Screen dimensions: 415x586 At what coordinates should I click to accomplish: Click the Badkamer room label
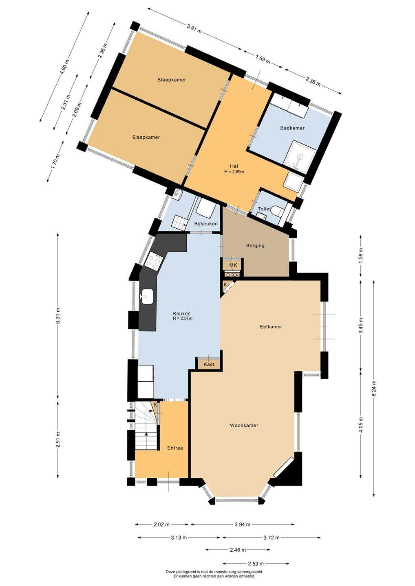coord(292,128)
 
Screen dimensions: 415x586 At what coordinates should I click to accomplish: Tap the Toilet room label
coord(264,209)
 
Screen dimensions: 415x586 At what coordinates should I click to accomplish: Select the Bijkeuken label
coord(206,224)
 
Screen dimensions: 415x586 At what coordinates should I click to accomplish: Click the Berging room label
coord(255,246)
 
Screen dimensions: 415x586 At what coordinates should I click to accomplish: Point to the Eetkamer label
coord(271,326)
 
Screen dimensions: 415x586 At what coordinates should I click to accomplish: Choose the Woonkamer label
coord(244,425)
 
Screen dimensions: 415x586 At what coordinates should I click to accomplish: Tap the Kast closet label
coord(209,364)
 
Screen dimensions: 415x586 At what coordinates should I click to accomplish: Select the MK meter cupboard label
coord(233,265)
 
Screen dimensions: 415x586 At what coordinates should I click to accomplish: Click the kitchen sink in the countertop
coord(147,296)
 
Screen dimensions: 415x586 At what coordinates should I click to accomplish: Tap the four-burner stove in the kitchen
coord(154,261)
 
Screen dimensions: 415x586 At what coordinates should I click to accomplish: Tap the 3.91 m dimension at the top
coord(194,28)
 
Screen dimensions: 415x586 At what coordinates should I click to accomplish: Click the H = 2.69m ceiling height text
coord(234,172)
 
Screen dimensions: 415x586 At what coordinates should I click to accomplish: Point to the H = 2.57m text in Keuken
coord(182,318)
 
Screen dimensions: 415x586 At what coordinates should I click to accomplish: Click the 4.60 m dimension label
coord(64,67)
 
